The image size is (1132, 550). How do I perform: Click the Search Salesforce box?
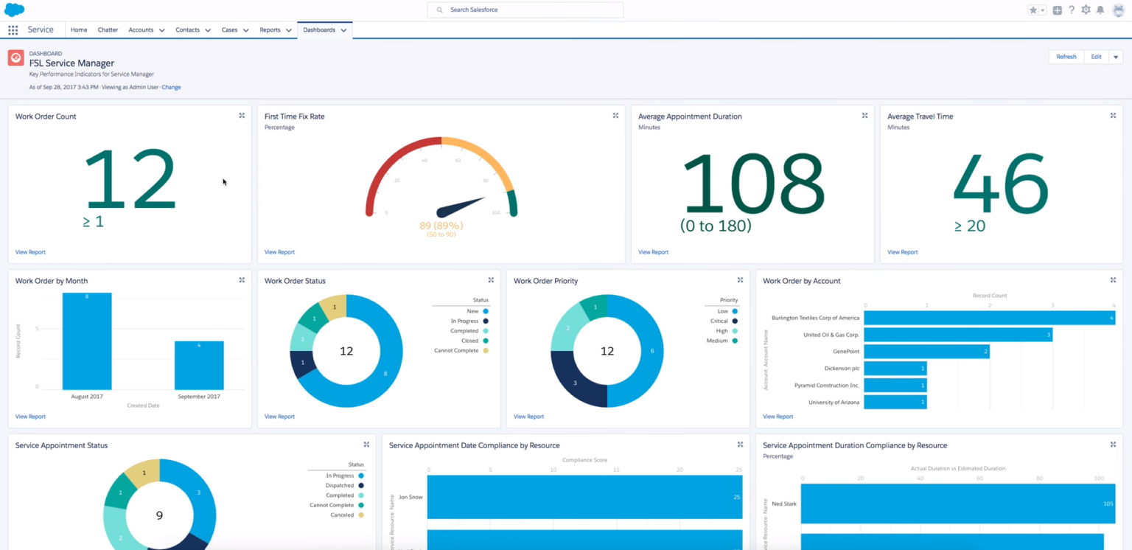525,10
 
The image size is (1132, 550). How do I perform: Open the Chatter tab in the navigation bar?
108,30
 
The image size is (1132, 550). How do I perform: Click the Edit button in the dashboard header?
1096,57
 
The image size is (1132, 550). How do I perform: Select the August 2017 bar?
87,341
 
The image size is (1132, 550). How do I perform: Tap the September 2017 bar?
199,365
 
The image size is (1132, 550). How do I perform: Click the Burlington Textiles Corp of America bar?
989,318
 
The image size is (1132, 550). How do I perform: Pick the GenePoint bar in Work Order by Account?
926,352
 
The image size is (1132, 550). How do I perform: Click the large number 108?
752,184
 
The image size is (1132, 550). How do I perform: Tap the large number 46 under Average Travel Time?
1000,184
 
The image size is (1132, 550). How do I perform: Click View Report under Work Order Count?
30,252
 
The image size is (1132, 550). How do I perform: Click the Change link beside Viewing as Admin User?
171,87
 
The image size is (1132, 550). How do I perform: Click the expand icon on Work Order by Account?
1113,280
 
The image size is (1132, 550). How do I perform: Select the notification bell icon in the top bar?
1100,10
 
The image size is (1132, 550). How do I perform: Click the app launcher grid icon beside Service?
13,30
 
